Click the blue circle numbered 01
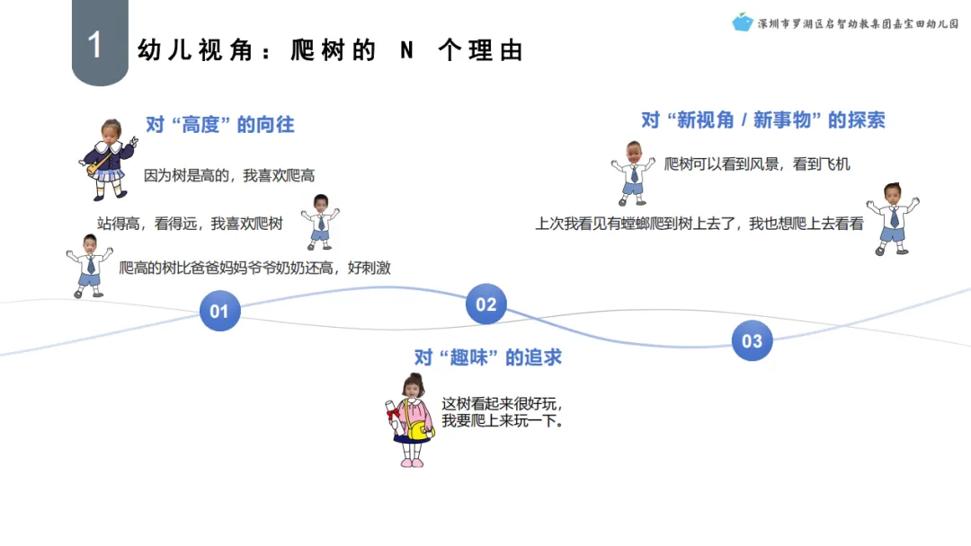[219, 312]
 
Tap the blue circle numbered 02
[485, 304]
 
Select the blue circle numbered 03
[752, 340]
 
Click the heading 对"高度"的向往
[220, 125]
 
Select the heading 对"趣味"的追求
[487, 357]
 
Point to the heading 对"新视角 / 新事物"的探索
[762, 120]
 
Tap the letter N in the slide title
[406, 50]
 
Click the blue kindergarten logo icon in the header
[742, 22]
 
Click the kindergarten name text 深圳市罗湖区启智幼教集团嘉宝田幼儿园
[859, 23]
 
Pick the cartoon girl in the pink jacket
[411, 420]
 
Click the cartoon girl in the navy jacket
[108, 158]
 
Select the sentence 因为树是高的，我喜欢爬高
[229, 176]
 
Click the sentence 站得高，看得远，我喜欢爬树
[190, 224]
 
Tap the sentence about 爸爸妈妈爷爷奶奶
[254, 268]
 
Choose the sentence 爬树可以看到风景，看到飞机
[756, 164]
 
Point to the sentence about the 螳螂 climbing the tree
[699, 224]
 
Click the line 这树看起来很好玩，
[502, 404]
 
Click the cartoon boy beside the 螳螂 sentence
[892, 217]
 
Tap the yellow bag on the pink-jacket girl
[419, 430]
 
